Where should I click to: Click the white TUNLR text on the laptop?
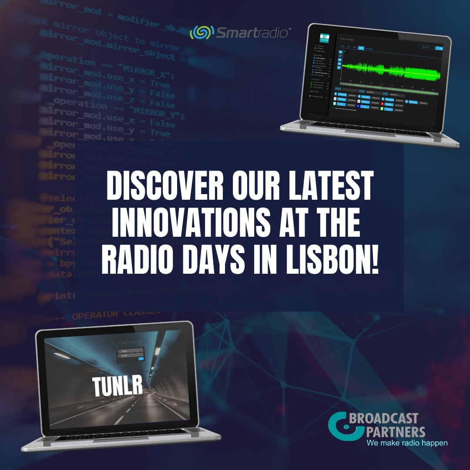(117, 385)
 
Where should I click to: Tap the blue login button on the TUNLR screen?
(140, 359)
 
